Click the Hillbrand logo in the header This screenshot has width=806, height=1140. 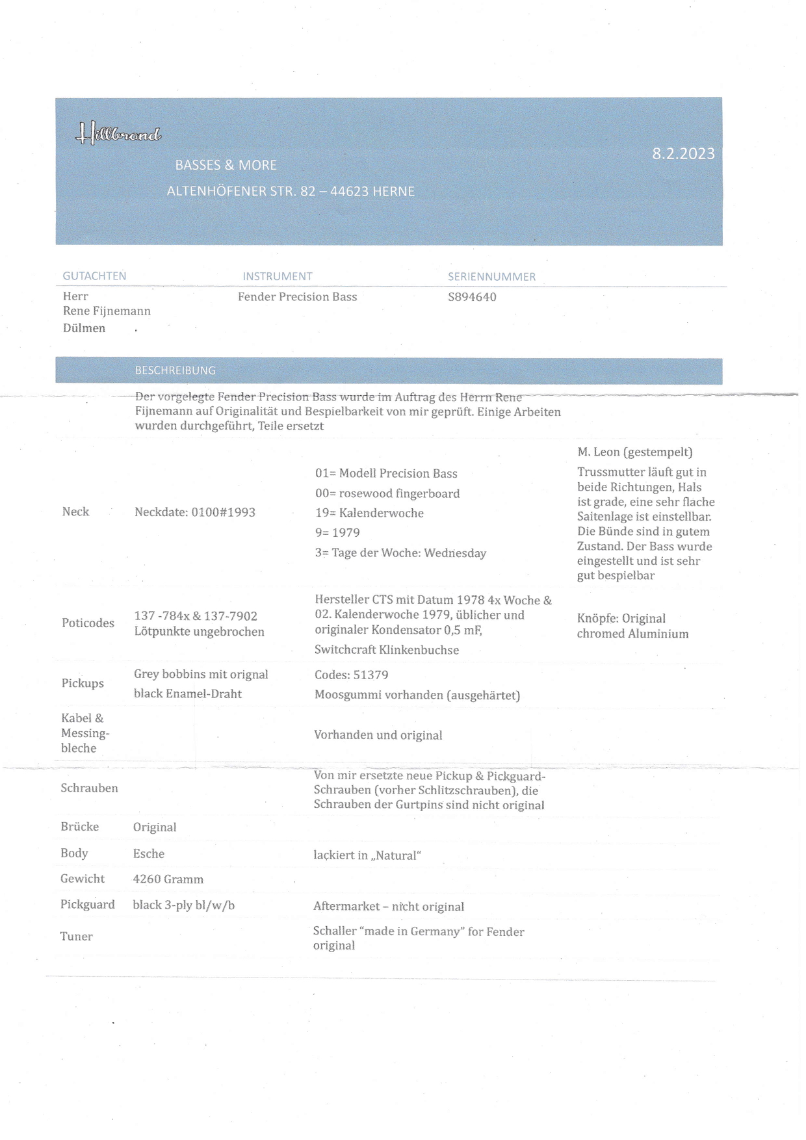pyautogui.click(x=119, y=134)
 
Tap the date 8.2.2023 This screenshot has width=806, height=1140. pyautogui.click(x=683, y=153)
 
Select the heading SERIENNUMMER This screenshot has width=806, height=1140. pyautogui.click(x=491, y=277)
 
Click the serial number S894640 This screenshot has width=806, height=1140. pyautogui.click(x=472, y=297)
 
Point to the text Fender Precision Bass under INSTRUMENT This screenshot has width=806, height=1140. pyautogui.click(x=297, y=297)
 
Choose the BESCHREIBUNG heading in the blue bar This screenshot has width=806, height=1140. pyautogui.click(x=175, y=370)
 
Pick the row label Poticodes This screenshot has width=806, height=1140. pyautogui.click(x=88, y=623)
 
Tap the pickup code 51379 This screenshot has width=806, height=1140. pyautogui.click(x=370, y=675)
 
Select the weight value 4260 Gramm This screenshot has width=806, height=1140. pyautogui.click(x=168, y=879)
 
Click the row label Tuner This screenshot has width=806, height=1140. pyautogui.click(x=77, y=937)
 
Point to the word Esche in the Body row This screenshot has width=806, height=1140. pyautogui.click(x=149, y=854)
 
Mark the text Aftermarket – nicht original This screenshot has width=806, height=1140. pyautogui.click(x=388, y=907)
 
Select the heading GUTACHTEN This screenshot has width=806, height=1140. pyautogui.click(x=94, y=276)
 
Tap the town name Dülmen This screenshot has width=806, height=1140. pyautogui.click(x=84, y=328)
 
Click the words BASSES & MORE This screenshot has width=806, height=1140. pyautogui.click(x=226, y=165)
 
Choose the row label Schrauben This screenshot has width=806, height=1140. pyautogui.click(x=89, y=788)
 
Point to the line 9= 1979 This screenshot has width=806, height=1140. pyautogui.click(x=337, y=533)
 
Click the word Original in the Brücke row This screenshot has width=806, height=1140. pyautogui.click(x=155, y=827)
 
